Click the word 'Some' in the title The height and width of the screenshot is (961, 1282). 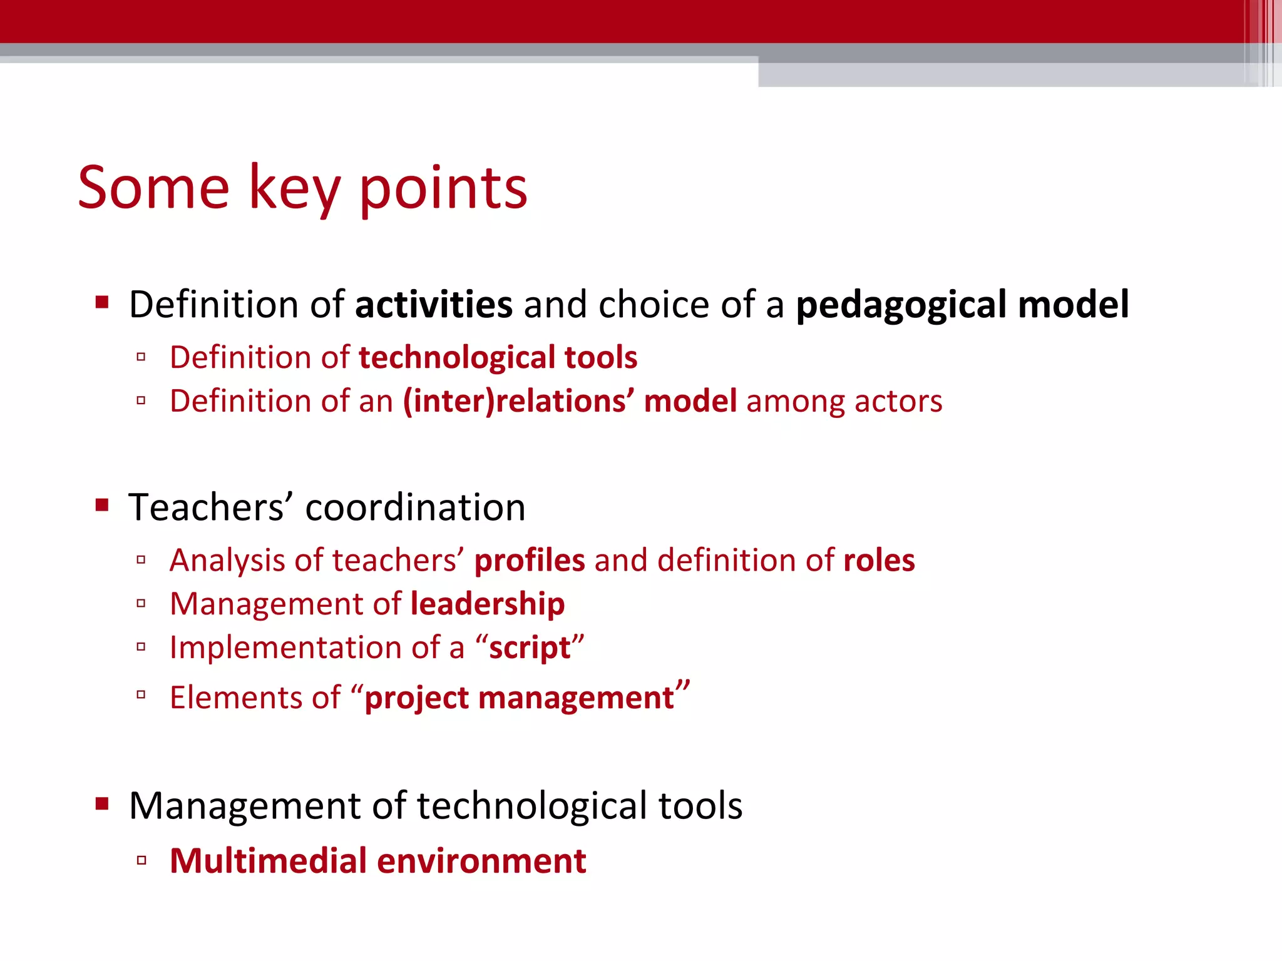click(153, 188)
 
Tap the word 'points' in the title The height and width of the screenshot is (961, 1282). click(443, 189)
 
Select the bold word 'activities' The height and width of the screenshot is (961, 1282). click(433, 305)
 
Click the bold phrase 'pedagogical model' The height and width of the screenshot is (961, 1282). click(962, 305)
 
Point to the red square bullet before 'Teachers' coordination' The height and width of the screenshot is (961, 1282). click(102, 505)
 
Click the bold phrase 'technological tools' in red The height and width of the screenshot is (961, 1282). click(498, 358)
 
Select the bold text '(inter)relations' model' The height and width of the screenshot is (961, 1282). click(570, 401)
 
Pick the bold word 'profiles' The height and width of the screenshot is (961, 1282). click(530, 561)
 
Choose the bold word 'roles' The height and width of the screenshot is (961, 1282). click(879, 561)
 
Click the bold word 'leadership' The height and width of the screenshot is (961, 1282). click(488, 604)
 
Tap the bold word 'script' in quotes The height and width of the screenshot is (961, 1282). click(530, 648)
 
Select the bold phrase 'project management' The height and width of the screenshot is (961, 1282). click(519, 698)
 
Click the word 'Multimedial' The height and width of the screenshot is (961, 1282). click(268, 862)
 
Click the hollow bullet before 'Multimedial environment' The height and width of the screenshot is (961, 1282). click(141, 861)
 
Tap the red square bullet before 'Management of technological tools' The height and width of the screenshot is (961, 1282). click(102, 803)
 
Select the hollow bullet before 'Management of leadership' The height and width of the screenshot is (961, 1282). click(141, 604)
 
